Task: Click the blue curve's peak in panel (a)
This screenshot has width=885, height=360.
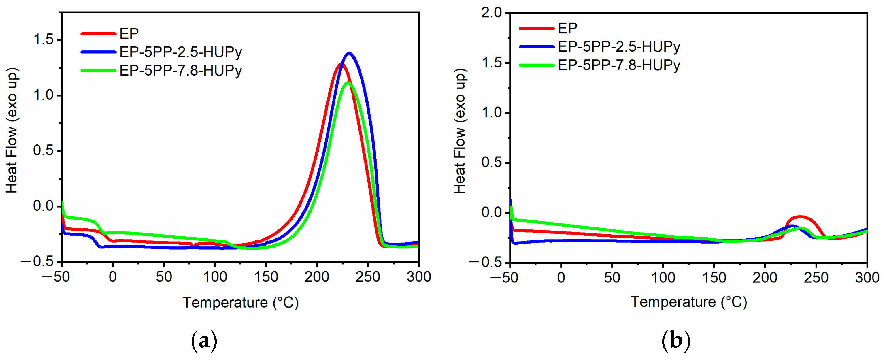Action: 349,53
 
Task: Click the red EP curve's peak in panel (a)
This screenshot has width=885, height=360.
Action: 340,64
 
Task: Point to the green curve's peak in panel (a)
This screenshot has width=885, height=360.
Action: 348,83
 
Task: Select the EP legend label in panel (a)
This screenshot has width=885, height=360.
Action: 129,34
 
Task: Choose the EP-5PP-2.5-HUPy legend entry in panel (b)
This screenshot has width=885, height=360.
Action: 618,47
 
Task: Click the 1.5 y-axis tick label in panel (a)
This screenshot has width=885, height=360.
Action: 43,40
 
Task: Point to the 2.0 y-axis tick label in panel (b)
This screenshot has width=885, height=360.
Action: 491,13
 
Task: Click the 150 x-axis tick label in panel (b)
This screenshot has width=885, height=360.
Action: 714,278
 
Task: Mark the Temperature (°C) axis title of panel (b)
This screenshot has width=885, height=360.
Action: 688,302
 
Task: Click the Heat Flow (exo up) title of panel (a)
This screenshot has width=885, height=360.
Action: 12,131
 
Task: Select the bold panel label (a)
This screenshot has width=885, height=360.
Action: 204,341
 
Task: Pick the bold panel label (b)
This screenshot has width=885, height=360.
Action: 676,341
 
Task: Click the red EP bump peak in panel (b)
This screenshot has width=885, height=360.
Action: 801,217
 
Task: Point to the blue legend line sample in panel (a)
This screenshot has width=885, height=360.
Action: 98,52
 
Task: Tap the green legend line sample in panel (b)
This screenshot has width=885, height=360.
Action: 537,65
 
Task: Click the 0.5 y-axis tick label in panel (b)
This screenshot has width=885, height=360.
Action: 491,163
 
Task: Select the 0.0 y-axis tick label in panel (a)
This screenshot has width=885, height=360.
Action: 43,206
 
